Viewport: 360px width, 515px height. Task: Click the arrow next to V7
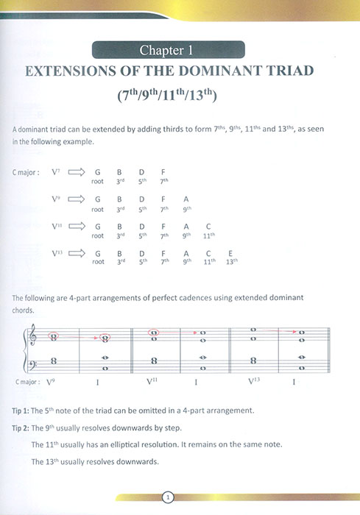click(77, 172)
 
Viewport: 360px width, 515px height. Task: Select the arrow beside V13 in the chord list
click(77, 253)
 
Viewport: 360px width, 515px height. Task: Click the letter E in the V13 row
click(232, 252)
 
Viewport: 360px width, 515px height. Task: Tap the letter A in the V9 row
click(186, 199)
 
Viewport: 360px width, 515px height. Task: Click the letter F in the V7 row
click(163, 172)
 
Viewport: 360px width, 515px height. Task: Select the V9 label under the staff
click(51, 382)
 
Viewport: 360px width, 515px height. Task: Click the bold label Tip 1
click(21, 410)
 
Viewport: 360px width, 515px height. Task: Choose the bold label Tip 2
click(21, 427)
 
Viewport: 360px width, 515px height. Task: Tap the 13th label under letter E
click(232, 261)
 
